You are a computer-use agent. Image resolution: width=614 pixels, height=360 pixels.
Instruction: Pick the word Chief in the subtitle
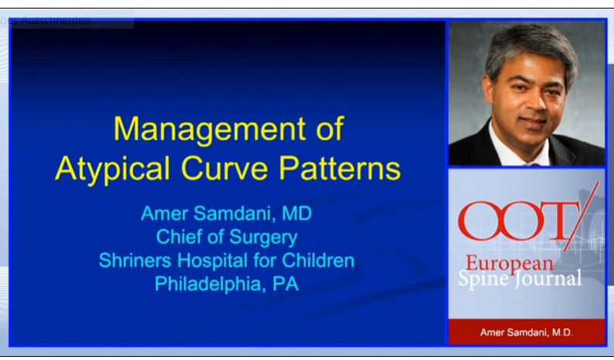[180, 236]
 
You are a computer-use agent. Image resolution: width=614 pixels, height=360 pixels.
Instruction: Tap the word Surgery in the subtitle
[260, 237]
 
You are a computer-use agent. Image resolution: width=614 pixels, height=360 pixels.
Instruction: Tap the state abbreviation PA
[285, 284]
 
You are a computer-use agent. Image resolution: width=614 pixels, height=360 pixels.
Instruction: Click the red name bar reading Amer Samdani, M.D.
[527, 331]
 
